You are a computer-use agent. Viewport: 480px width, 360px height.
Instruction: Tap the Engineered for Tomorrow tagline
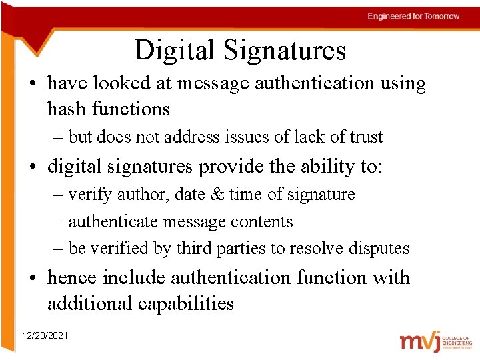(413, 16)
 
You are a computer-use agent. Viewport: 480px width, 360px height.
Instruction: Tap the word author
(130, 195)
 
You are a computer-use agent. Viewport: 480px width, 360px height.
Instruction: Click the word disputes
(377, 249)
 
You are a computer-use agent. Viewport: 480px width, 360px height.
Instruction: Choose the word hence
(72, 277)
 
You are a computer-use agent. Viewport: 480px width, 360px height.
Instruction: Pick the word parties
(242, 249)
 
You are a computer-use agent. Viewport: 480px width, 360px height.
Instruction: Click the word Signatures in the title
(285, 51)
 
